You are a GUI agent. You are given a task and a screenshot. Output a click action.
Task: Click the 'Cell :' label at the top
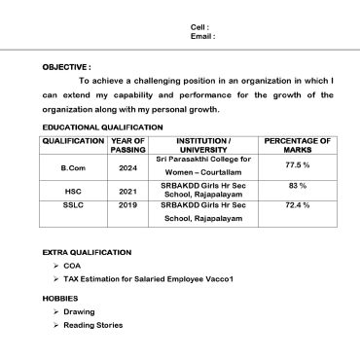[x=199, y=26]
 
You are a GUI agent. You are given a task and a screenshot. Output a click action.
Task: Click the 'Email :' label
[x=202, y=36]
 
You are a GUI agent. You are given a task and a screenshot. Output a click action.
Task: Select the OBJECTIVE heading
[x=66, y=66]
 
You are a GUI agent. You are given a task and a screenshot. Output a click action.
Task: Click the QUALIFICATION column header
[x=73, y=141]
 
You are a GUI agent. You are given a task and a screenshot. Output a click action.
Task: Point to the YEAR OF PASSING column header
[x=127, y=146]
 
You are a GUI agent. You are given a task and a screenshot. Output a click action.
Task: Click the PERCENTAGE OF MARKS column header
[x=297, y=146]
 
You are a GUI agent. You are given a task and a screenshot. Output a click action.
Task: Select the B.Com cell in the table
[x=73, y=168]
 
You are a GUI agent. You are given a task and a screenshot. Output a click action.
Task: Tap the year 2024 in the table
[x=127, y=168]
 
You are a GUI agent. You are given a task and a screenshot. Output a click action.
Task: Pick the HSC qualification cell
[x=73, y=192]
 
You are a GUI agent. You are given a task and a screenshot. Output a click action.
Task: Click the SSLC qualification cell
[x=73, y=206]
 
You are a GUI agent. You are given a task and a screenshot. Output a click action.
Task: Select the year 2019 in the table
[x=127, y=206]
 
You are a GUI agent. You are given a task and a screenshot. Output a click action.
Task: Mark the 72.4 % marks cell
[x=297, y=206]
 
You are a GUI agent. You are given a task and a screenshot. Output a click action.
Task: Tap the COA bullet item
[x=72, y=265]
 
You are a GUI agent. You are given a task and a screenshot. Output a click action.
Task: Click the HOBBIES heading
[x=59, y=298]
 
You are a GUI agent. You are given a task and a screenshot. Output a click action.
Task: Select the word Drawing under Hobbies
[x=79, y=311]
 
